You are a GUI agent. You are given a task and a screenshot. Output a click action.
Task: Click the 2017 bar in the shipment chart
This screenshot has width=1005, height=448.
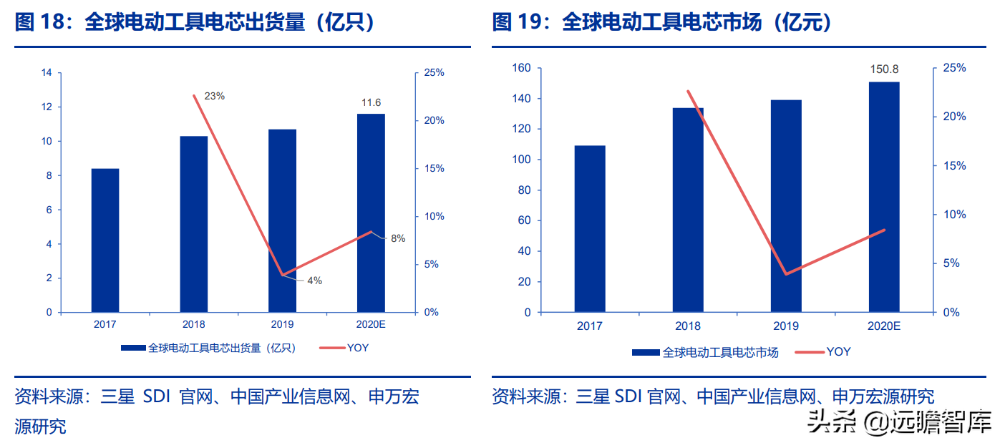(105, 240)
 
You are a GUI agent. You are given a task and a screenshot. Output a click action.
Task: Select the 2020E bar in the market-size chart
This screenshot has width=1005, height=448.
(884, 197)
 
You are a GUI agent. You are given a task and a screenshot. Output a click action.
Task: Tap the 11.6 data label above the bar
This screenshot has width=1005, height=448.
(371, 103)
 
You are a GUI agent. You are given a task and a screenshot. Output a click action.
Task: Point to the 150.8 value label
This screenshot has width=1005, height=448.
(884, 69)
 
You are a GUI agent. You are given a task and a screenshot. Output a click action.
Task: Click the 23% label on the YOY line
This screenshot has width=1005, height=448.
(215, 96)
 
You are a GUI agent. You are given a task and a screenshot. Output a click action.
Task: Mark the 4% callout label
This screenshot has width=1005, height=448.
(314, 281)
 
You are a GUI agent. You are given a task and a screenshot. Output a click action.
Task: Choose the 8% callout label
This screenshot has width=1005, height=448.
(398, 238)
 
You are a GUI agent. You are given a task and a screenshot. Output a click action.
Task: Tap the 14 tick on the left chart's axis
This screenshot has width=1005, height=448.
(47, 73)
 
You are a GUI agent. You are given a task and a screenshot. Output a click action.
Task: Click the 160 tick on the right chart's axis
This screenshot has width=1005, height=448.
(521, 68)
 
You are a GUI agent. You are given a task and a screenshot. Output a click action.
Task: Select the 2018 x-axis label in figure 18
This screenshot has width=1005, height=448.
(193, 324)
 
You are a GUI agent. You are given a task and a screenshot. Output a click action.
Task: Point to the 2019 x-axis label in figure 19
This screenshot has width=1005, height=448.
(786, 326)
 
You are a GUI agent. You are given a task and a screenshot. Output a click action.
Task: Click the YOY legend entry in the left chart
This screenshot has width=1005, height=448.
(344, 348)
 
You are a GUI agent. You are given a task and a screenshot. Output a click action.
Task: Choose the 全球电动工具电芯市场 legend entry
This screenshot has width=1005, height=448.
(704, 352)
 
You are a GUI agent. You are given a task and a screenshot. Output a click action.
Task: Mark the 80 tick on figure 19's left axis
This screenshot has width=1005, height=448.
(524, 190)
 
